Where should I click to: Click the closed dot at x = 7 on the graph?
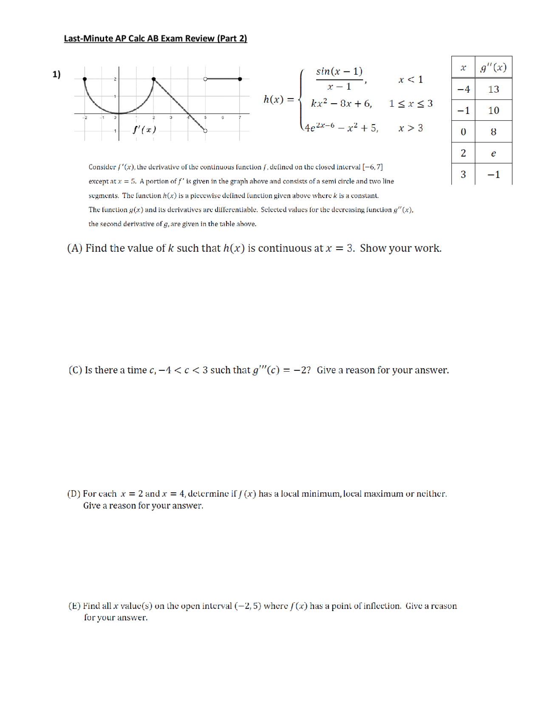240,79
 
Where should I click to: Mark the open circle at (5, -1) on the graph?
205,131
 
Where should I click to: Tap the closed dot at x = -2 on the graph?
85,79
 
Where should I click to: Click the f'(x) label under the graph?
144,130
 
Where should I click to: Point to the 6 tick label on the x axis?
222,118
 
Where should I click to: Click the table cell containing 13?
493,89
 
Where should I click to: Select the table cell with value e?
493,153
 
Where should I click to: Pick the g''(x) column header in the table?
493,68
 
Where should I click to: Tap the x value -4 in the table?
463,89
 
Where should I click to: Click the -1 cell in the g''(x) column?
493,175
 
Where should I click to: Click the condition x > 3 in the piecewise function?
411,128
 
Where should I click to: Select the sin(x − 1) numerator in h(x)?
339,71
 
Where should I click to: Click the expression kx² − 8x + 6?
341,104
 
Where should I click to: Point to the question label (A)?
75,248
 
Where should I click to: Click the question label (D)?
74,494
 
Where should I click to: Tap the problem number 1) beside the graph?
57,74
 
